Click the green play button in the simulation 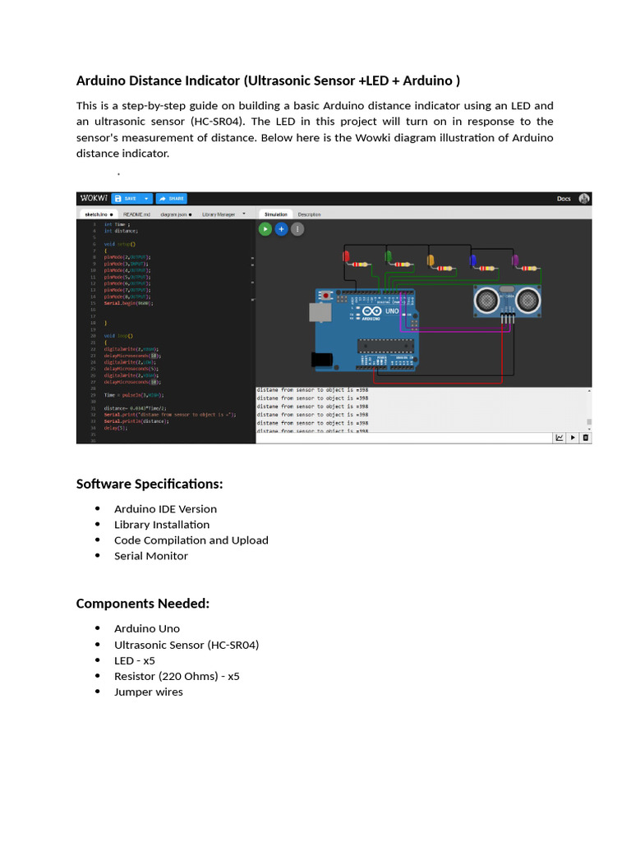click(x=265, y=229)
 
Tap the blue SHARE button click(x=173, y=198)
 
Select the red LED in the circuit click(x=346, y=260)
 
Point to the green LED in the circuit click(x=388, y=259)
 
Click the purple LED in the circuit click(x=515, y=261)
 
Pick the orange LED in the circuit click(x=430, y=260)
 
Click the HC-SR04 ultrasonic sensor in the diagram click(x=507, y=300)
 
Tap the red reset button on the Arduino click(x=327, y=294)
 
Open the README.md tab click(x=138, y=214)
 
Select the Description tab click(x=309, y=214)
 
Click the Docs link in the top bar click(x=564, y=198)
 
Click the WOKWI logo click(x=93, y=198)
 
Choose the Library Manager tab click(x=219, y=214)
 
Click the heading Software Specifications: click(x=150, y=484)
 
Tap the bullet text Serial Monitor click(x=151, y=556)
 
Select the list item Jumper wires click(x=149, y=692)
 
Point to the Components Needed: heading click(x=143, y=604)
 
